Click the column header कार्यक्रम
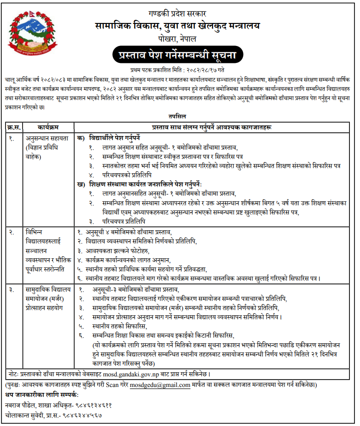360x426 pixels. [48, 126]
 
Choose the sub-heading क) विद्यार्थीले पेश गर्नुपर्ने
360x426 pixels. [115, 137]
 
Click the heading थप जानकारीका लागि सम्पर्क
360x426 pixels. [42, 395]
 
